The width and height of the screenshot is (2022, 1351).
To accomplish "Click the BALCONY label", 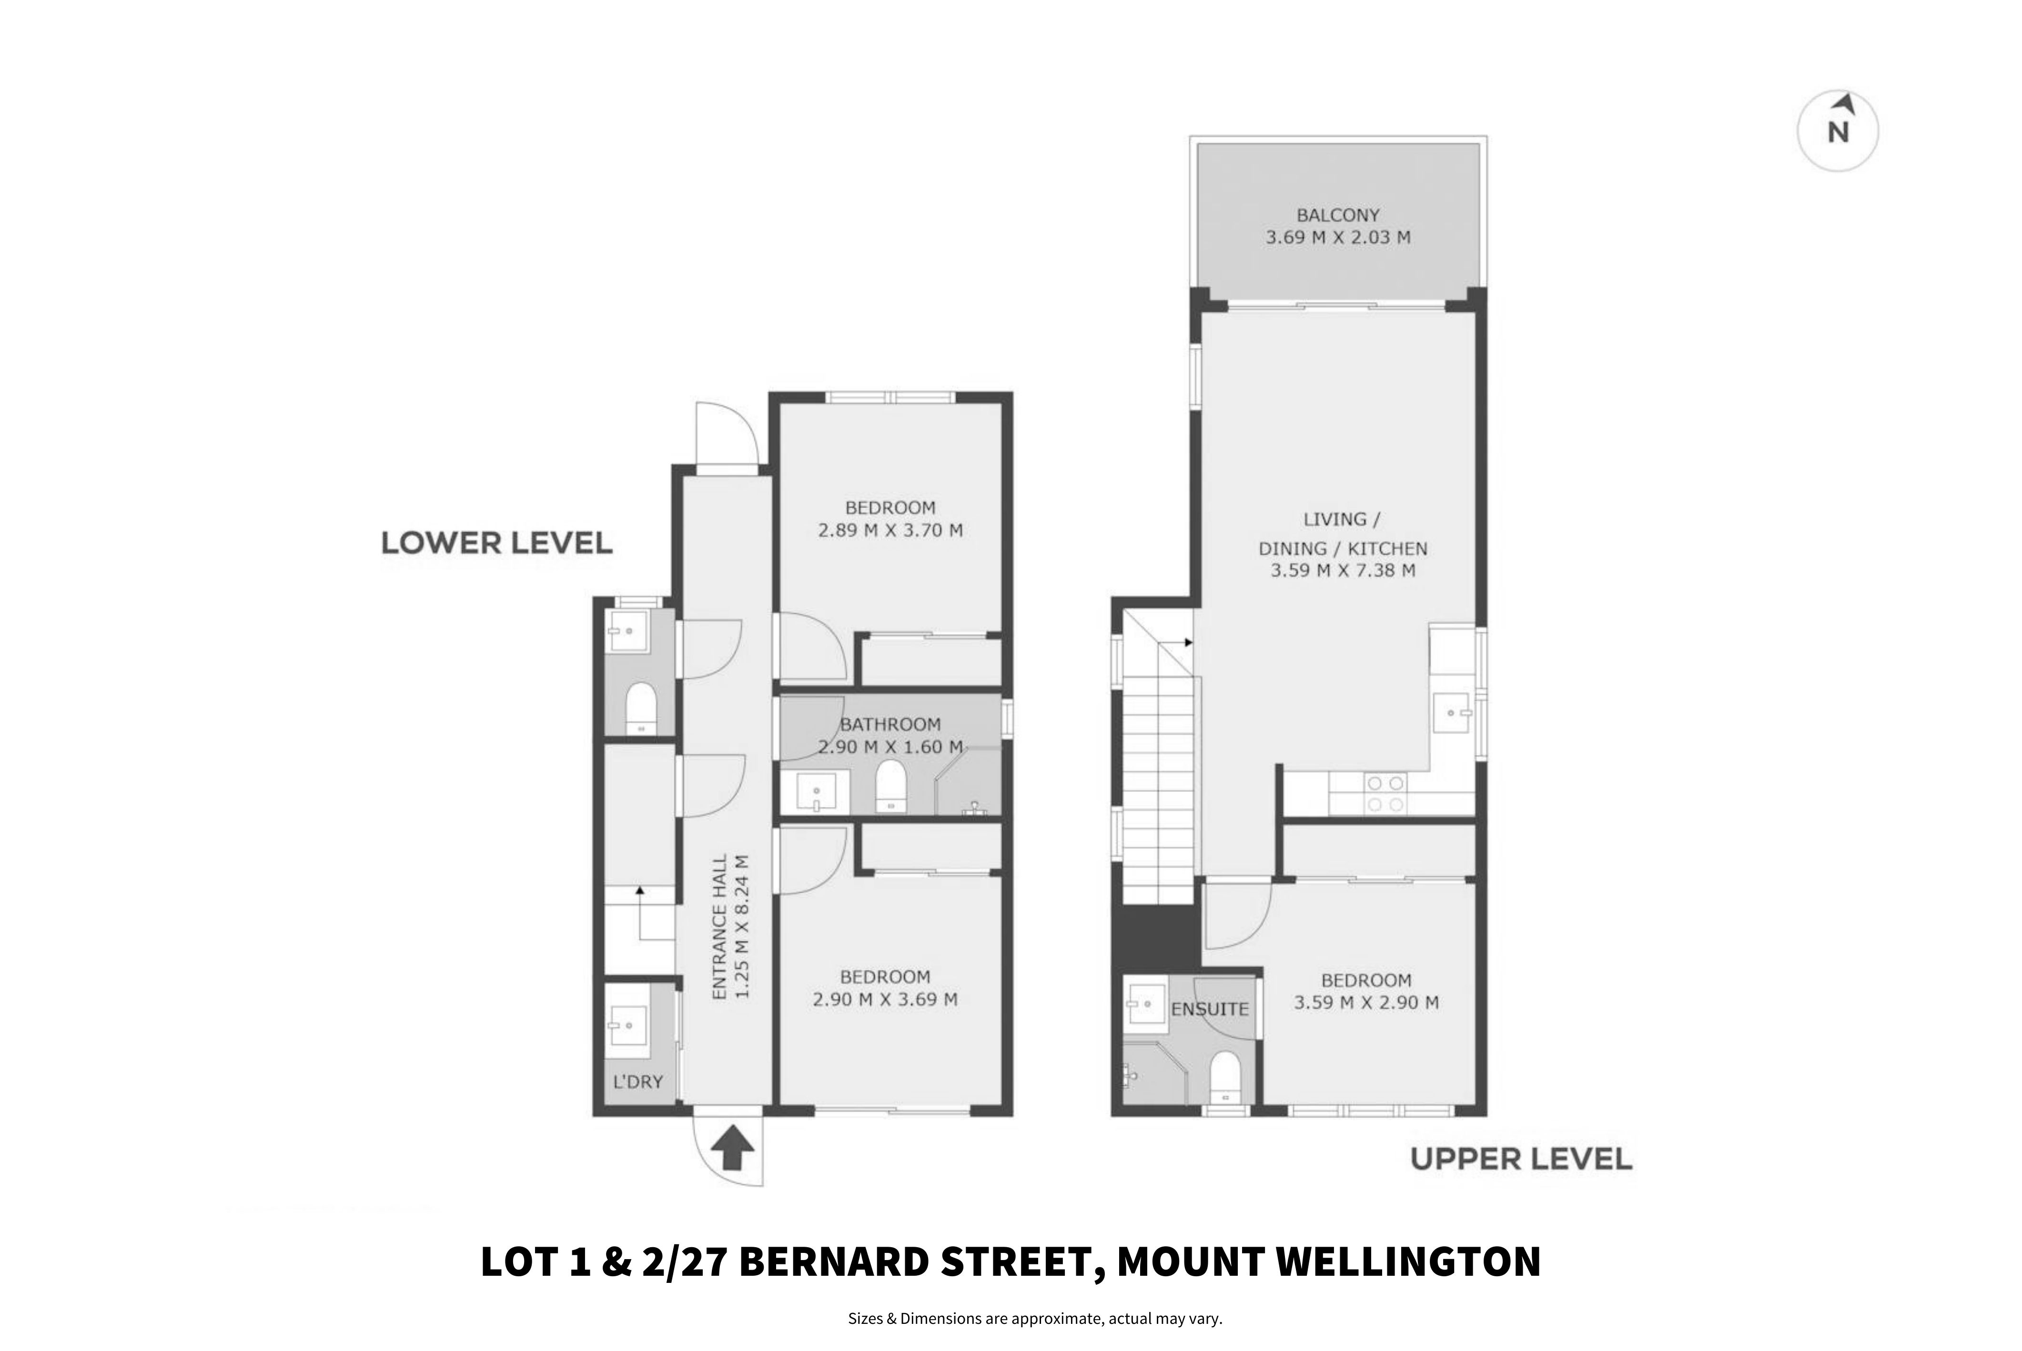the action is tap(1338, 215).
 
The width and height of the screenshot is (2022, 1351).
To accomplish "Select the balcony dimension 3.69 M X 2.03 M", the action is tap(1338, 238).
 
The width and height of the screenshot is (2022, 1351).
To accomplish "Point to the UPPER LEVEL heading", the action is tap(1521, 1159).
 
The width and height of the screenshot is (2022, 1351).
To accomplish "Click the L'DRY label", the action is tap(638, 1082).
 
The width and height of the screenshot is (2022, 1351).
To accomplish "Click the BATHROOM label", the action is tap(890, 725).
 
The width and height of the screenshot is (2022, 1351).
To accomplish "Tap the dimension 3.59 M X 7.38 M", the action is tap(1343, 570).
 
